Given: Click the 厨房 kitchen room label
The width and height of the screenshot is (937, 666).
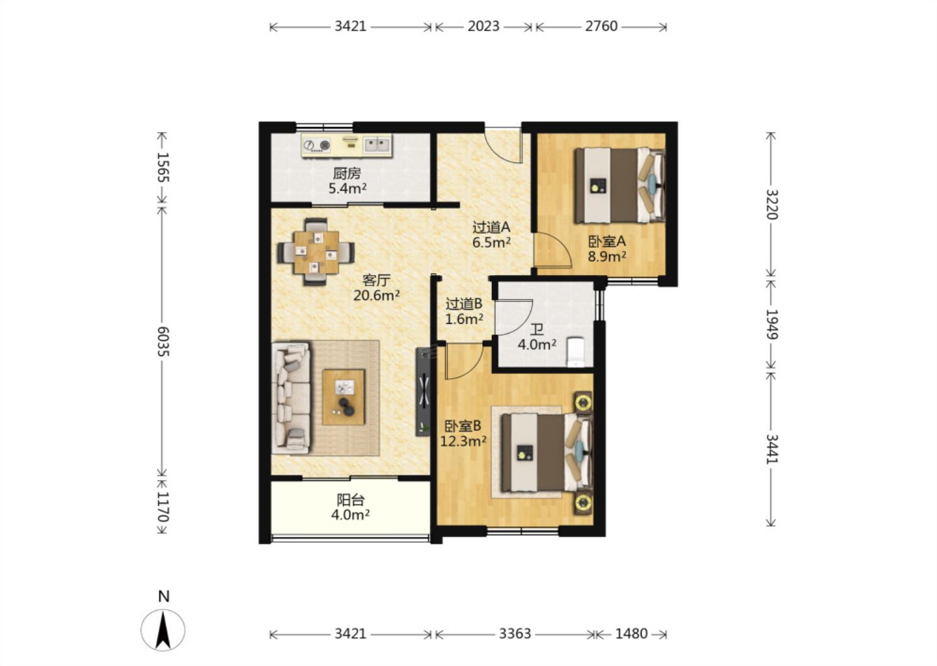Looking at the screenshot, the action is tap(347, 173).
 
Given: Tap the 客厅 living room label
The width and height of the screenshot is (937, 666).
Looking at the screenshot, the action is tap(376, 280).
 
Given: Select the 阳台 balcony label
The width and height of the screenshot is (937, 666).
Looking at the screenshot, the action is tap(351, 499).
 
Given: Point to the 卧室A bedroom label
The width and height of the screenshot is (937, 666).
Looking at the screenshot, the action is tap(607, 241).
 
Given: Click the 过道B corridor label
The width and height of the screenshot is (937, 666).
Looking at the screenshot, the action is tap(464, 304).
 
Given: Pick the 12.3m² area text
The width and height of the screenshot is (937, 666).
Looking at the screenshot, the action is tap(463, 441).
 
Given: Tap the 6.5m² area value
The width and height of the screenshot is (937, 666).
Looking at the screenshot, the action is tap(491, 243).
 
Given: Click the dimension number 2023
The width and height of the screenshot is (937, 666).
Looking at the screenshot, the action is tap(483, 27).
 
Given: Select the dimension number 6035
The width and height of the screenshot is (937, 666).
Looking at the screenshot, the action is tap(163, 341).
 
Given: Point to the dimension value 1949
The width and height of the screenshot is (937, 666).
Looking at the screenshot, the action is tap(771, 324).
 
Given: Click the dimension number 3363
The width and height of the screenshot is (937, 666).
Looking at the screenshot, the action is tap(515, 634).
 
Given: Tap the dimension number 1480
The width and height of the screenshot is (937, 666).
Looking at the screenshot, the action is tap(631, 634).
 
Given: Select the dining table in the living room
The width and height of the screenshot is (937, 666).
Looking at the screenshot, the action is tap(316, 252).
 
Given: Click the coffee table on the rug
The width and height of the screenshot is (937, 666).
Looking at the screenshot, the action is tap(344, 397).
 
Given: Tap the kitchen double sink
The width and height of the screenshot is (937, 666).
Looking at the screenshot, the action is tap(377, 145).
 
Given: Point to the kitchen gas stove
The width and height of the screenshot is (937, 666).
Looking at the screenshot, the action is tap(316, 146).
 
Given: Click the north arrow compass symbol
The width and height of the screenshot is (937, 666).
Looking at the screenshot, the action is tap(163, 630).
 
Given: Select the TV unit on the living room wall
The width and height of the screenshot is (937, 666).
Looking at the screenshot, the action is tap(423, 392).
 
